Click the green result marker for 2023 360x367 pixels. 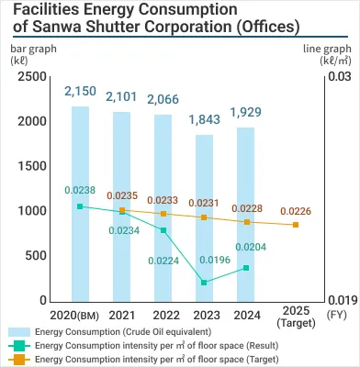coord(205,283)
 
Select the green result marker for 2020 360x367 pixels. coord(80,206)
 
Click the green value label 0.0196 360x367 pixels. coord(204,260)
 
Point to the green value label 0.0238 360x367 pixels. coord(80,190)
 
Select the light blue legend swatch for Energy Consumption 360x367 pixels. coord(17,330)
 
